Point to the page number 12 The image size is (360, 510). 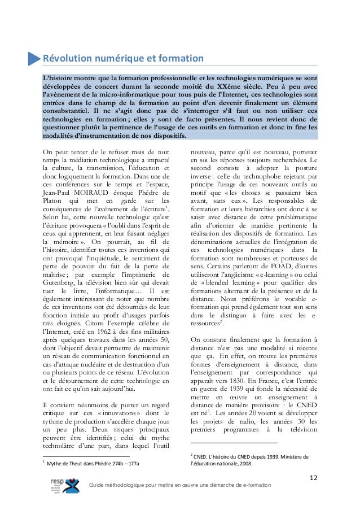pyautogui.click(x=314, y=479)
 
